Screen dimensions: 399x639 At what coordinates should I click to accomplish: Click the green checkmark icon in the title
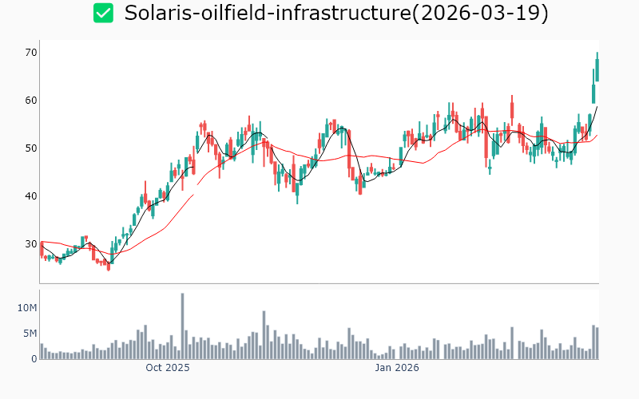tap(103, 14)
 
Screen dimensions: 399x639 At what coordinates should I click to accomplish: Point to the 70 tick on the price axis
tap(32, 53)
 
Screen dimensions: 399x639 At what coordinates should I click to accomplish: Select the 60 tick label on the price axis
tap(32, 101)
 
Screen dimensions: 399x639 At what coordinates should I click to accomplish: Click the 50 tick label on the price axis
tap(32, 148)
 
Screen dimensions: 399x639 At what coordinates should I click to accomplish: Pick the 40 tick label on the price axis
tap(32, 196)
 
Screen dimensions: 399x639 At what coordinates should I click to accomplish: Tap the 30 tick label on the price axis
tap(32, 244)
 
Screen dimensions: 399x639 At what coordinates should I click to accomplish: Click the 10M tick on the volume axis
tap(28, 308)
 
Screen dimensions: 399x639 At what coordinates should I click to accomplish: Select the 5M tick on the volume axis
tap(30, 334)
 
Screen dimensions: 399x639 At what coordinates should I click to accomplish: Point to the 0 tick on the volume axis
tap(34, 359)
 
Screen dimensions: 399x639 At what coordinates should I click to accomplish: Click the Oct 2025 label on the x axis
tap(167, 368)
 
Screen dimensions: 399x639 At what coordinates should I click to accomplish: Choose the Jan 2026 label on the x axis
tap(397, 368)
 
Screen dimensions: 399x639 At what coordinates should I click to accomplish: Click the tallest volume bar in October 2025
tap(182, 326)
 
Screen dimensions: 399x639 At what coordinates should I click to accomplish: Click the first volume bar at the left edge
tap(42, 351)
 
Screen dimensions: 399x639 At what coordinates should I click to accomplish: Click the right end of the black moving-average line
tap(597, 107)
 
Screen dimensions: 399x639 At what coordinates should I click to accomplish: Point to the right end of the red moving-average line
tap(597, 135)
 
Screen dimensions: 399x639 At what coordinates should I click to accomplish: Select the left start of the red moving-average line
tap(41, 241)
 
